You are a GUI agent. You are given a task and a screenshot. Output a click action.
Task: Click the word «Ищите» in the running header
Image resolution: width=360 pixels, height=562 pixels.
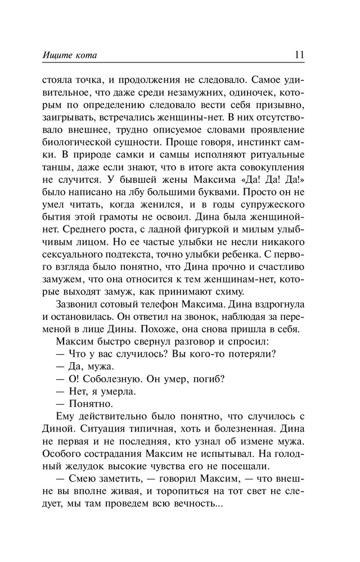coord(56,55)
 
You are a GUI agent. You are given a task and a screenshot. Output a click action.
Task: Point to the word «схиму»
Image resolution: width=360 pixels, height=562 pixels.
coord(226,301)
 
